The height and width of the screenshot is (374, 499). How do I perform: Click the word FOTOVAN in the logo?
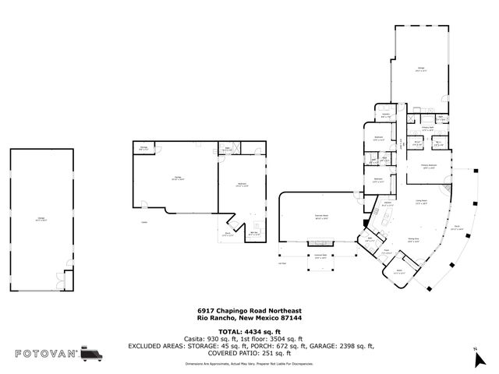pyautogui.click(x=46, y=354)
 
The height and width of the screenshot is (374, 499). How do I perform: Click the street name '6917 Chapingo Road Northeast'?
pyautogui.click(x=249, y=310)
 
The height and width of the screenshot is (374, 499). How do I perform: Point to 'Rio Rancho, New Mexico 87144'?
pyautogui.click(x=249, y=317)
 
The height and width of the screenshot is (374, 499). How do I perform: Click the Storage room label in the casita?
pyautogui.click(x=143, y=148)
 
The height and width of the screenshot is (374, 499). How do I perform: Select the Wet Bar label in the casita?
pyautogui.click(x=254, y=232)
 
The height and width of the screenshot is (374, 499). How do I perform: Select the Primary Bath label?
pyautogui.click(x=427, y=128)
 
